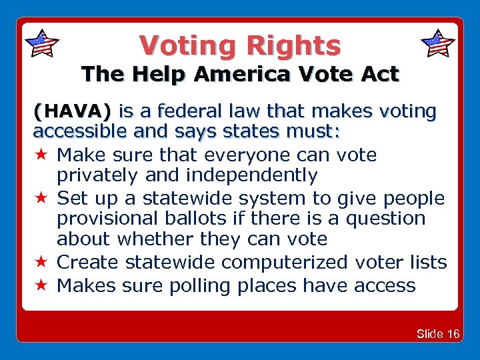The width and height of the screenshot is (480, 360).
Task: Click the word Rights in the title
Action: click(294, 45)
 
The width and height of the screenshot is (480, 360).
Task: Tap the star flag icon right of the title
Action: click(438, 43)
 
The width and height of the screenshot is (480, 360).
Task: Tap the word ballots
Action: click(200, 219)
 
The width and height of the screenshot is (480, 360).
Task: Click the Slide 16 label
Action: click(438, 333)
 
